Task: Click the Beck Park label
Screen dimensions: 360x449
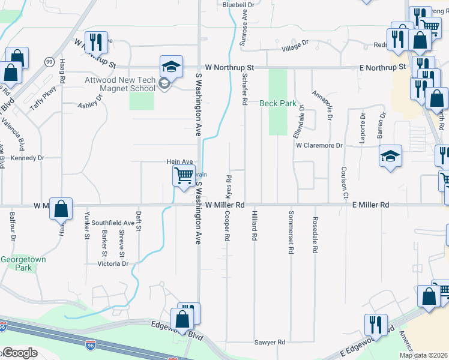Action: (x=278, y=103)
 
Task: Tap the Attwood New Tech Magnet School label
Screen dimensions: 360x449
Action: (x=120, y=84)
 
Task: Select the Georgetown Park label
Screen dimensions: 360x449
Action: (x=16, y=263)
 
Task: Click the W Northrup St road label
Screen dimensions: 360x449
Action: (x=229, y=68)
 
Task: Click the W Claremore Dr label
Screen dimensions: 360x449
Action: (x=319, y=145)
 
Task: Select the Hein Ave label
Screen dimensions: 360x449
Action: (x=179, y=162)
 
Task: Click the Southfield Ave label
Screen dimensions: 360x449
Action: (x=113, y=223)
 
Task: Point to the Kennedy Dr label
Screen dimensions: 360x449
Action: (x=28, y=158)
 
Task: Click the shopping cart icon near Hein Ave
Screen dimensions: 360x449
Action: (x=184, y=176)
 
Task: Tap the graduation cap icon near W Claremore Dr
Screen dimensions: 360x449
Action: (x=390, y=157)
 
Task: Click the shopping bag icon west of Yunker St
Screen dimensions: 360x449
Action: (x=61, y=209)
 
